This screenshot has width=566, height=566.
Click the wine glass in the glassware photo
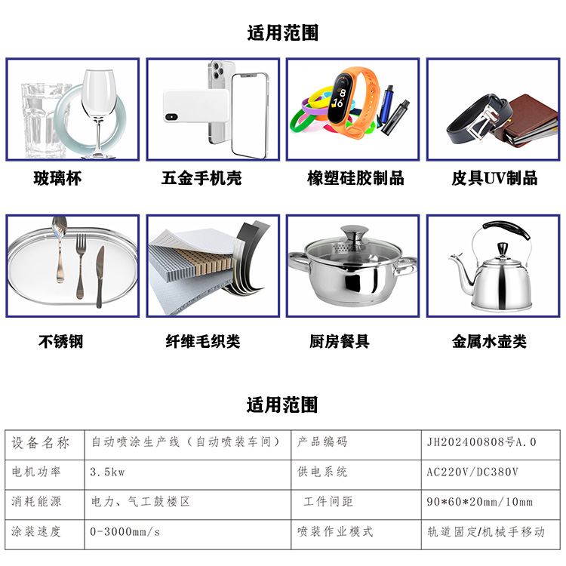(98, 108)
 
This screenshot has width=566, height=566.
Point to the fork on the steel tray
(81, 266)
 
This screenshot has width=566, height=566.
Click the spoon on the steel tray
(59, 249)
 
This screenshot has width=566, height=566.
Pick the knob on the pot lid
(355, 235)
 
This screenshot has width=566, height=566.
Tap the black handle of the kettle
(507, 230)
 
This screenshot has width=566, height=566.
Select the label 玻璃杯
(57, 178)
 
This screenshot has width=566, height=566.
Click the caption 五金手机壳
(201, 178)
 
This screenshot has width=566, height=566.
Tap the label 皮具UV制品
(494, 178)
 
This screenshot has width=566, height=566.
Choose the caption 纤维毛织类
(203, 341)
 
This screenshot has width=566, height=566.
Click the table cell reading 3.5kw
(107, 472)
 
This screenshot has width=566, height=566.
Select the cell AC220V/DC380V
(472, 472)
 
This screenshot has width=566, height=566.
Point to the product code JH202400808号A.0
(481, 442)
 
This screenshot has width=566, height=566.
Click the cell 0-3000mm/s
(125, 532)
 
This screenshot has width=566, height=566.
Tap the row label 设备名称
(40, 442)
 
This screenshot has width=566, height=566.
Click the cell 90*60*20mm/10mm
(479, 502)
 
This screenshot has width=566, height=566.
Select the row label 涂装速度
(35, 531)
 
